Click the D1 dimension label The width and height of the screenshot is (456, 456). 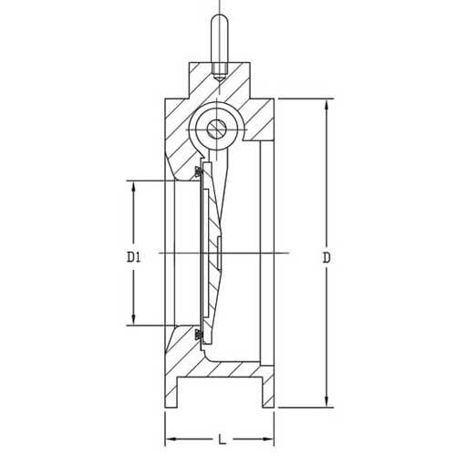click(133, 257)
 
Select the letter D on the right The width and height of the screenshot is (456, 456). click(326, 258)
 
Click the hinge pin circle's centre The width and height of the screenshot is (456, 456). click(217, 128)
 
